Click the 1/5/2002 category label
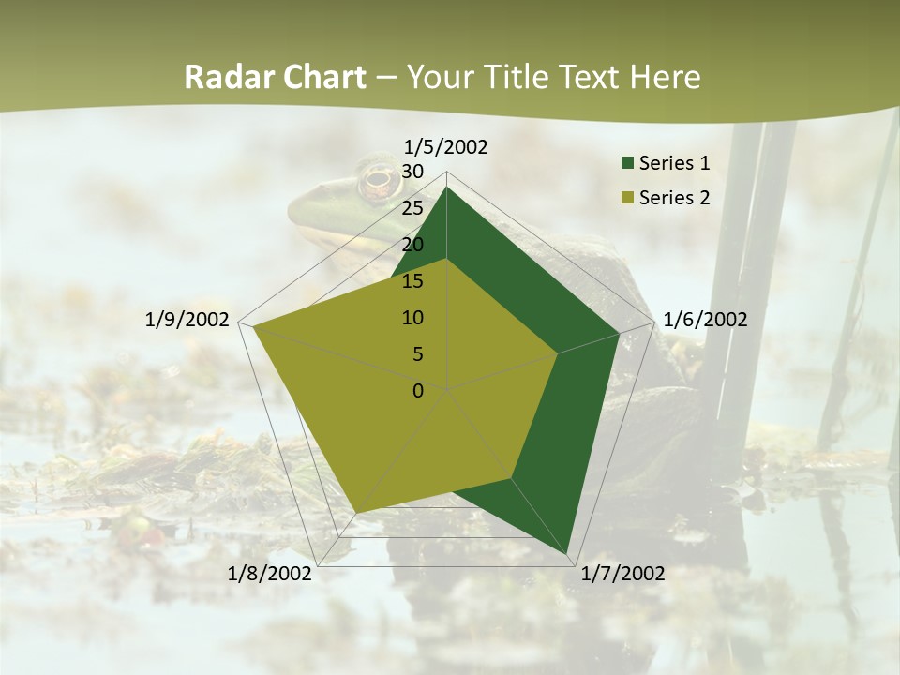pyautogui.click(x=445, y=146)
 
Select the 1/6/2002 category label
pyautogui.click(x=705, y=320)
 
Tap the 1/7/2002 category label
pyautogui.click(x=622, y=574)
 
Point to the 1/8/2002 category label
pyautogui.click(x=270, y=574)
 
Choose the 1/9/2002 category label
pyautogui.click(x=187, y=320)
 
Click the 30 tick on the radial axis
pyautogui.click(x=412, y=172)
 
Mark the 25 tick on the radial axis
pyautogui.click(x=412, y=208)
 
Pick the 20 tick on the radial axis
pyautogui.click(x=412, y=245)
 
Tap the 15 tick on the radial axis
pyautogui.click(x=412, y=281)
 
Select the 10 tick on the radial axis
pyautogui.click(x=412, y=318)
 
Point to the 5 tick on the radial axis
pyautogui.click(x=418, y=354)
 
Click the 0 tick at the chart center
pyautogui.click(x=418, y=391)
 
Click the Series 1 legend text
pyautogui.click(x=674, y=163)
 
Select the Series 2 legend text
pyautogui.click(x=674, y=198)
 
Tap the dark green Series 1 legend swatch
pyautogui.click(x=627, y=163)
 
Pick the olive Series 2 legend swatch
pyautogui.click(x=627, y=198)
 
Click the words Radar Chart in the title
pyautogui.click(x=275, y=77)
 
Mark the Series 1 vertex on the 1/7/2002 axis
pyautogui.click(x=568, y=554)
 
